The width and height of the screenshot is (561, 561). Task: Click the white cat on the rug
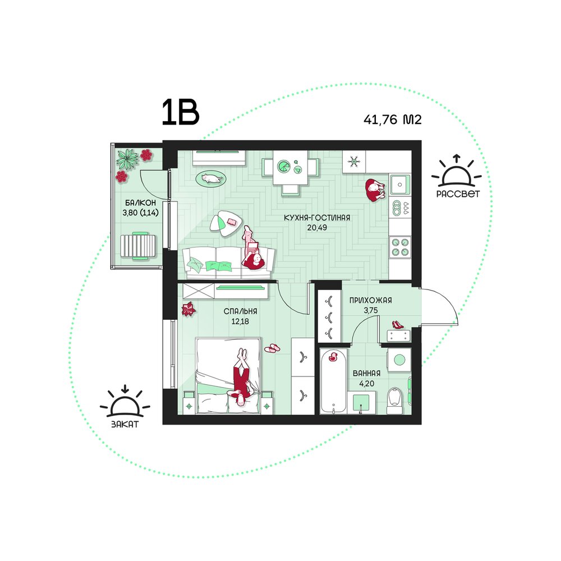point(211,178)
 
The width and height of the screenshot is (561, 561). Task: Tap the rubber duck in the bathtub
point(333,356)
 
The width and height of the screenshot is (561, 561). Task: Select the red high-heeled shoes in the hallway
point(398,325)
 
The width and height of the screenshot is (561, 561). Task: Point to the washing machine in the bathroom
point(399,359)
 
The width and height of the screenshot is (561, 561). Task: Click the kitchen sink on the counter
point(399,185)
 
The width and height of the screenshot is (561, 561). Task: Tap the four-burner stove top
point(400,247)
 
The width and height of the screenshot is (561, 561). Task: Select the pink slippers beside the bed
point(273,348)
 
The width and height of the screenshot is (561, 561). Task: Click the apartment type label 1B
point(180,113)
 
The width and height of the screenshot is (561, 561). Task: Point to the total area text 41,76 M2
point(393,119)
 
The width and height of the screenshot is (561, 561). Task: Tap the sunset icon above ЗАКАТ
point(125,402)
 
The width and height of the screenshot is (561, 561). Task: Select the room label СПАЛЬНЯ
point(241,311)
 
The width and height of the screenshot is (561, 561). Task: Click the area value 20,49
point(317,228)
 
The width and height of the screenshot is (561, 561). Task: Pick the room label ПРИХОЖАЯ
point(371,301)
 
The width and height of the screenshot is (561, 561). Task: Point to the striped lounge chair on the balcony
point(138,246)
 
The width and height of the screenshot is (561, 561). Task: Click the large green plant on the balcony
point(127,159)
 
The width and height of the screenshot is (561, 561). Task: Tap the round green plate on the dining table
point(284,167)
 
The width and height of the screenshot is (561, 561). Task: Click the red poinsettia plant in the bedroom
point(188,309)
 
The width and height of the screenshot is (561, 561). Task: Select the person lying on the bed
point(242,378)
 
